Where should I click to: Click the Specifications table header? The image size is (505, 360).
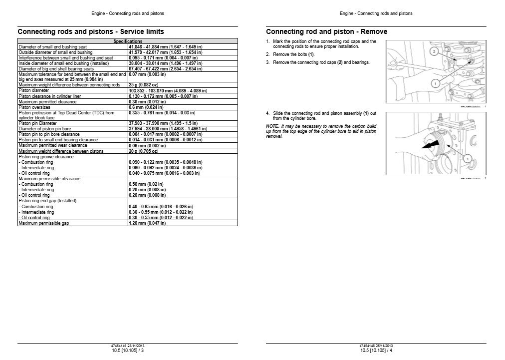pyautogui.click(x=128, y=41)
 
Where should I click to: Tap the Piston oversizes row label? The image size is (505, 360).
pyautogui.click(x=34, y=107)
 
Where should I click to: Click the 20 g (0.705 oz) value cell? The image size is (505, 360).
pyautogui.click(x=145, y=151)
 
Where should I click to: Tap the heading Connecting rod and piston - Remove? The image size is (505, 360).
pyautogui.click(x=327, y=31)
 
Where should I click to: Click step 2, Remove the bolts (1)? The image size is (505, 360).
pyautogui.click(x=294, y=54)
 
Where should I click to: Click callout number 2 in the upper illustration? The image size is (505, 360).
pyautogui.click(x=435, y=51)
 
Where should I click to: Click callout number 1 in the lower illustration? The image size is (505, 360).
pyautogui.click(x=468, y=158)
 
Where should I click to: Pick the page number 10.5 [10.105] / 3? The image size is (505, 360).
pyautogui.click(x=128, y=350)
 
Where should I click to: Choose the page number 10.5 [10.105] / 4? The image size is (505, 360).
pyautogui.click(x=376, y=350)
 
